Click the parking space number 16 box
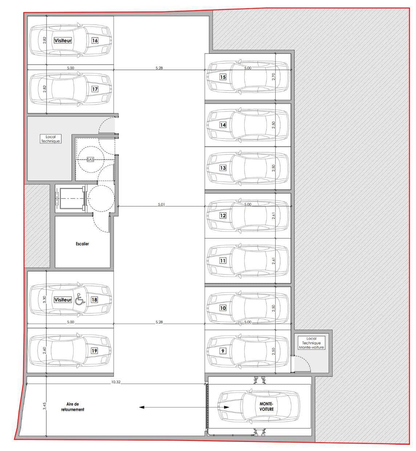coord(94,40)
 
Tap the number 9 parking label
coord(222,351)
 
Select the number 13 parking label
coord(223,168)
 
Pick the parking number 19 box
coord(94,351)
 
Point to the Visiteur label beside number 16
coord(62,40)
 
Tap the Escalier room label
coord(82,243)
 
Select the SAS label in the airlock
coord(90,160)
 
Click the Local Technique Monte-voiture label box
coord(311,343)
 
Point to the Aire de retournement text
coord(72,407)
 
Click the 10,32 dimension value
coord(116,382)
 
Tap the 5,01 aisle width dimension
coord(161,204)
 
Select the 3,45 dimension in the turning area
coord(44,406)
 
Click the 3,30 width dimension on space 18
coord(44,299)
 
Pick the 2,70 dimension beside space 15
coord(273,77)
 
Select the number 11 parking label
coord(223,261)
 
